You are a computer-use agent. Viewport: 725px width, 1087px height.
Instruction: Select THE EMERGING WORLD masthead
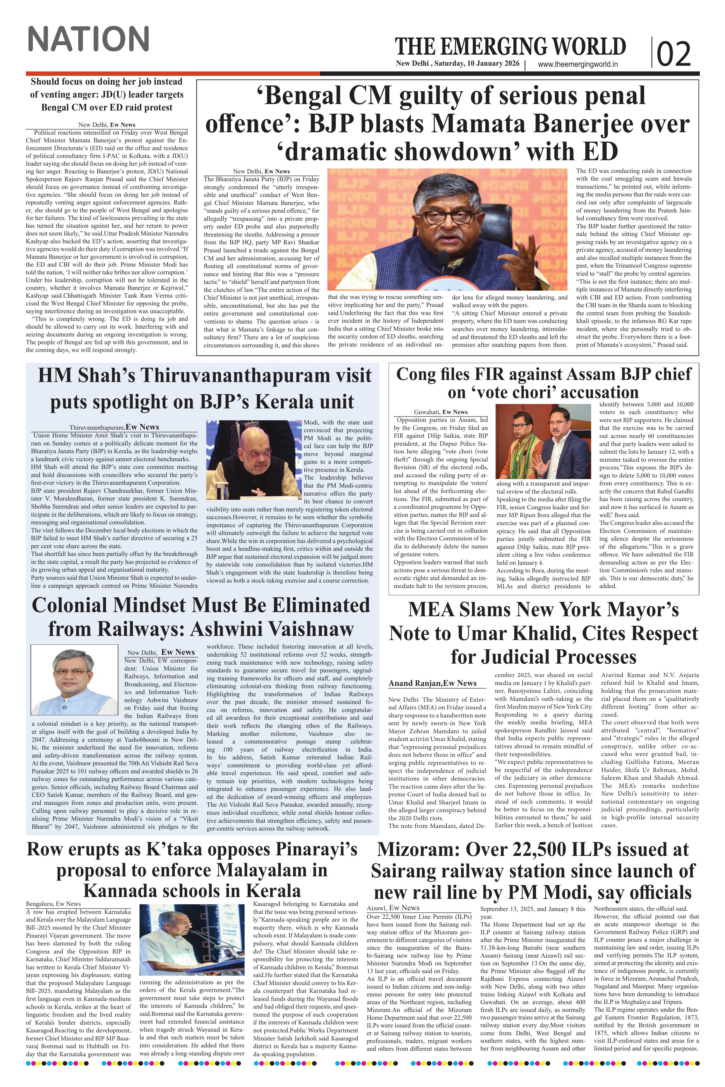tap(510, 47)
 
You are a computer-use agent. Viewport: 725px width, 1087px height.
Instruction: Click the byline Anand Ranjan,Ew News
tap(432, 683)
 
